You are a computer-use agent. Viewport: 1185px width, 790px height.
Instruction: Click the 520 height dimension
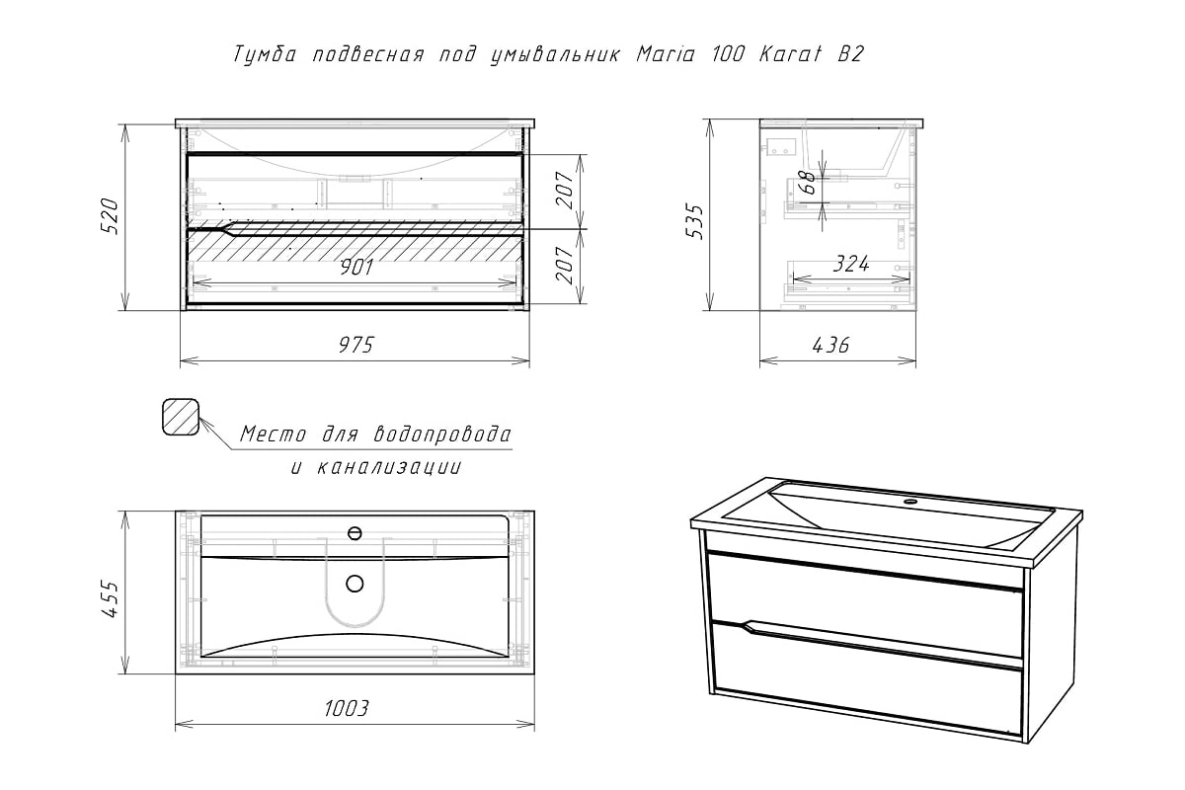[x=110, y=216]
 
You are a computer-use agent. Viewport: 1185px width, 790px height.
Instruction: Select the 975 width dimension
[x=356, y=345]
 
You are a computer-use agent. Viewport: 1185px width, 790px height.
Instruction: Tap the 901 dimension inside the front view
[x=356, y=268]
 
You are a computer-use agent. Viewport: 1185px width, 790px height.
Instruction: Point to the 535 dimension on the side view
[x=696, y=222]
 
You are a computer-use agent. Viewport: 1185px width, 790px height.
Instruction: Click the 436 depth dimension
[x=830, y=345]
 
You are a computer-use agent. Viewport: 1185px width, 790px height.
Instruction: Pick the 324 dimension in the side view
[x=851, y=264]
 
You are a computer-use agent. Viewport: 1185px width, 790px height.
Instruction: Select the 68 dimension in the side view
[x=809, y=183]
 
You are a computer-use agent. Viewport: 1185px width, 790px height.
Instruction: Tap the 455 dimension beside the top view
[x=110, y=599]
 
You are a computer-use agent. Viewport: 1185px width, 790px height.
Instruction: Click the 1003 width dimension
[x=347, y=708]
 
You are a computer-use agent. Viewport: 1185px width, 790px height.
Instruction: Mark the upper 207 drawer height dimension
[x=565, y=191]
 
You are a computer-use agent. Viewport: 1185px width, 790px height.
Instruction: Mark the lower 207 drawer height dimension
[x=565, y=266]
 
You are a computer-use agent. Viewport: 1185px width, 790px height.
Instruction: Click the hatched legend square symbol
[x=181, y=417]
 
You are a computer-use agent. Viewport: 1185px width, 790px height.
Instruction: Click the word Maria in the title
[x=665, y=54]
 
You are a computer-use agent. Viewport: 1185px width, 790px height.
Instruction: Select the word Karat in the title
[x=790, y=54]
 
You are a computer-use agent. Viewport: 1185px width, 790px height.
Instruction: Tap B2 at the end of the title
[x=850, y=54]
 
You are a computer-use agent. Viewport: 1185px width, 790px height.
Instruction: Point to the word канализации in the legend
[x=389, y=468]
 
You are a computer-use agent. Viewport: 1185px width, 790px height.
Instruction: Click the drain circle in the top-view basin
[x=355, y=585]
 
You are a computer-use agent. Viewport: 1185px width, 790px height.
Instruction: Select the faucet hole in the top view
[x=355, y=533]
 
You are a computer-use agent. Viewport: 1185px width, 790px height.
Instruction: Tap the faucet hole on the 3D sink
[x=909, y=501]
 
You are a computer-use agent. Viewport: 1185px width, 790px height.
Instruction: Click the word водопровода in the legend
[x=442, y=434]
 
